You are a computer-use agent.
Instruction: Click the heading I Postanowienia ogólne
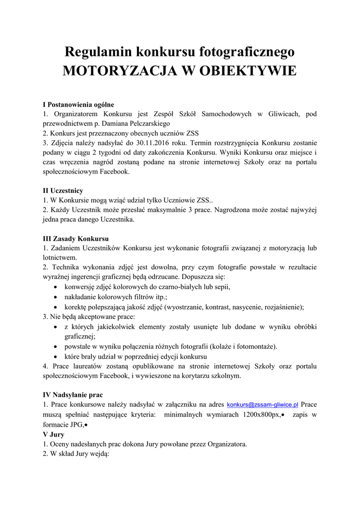(x=78, y=105)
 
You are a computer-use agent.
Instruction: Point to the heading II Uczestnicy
(x=63, y=190)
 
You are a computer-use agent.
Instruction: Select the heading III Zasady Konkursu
(x=76, y=238)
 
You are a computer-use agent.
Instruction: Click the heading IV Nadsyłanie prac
(x=73, y=395)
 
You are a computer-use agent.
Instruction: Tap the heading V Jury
(x=50, y=434)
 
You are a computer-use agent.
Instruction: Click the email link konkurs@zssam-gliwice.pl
(x=262, y=405)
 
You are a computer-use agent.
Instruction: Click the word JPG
(x=75, y=424)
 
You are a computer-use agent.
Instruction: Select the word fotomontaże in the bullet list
(x=256, y=346)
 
